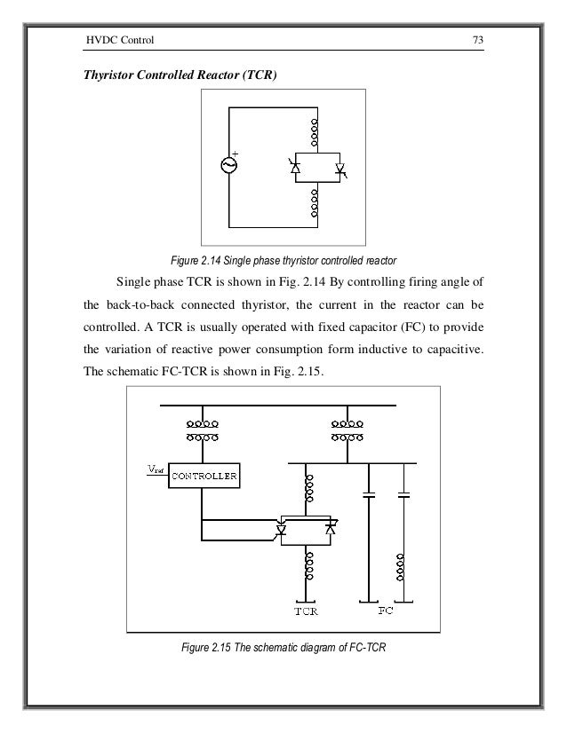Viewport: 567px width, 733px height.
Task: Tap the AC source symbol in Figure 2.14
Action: (229, 166)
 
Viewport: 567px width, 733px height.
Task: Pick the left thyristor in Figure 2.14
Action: (296, 166)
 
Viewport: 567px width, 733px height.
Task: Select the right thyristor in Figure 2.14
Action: (338, 167)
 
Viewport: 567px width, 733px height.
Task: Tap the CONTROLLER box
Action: (204, 476)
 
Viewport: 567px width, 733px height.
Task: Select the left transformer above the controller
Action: (204, 430)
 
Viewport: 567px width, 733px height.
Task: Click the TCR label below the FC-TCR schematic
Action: (306, 611)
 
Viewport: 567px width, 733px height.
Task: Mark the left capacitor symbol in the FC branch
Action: (366, 496)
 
